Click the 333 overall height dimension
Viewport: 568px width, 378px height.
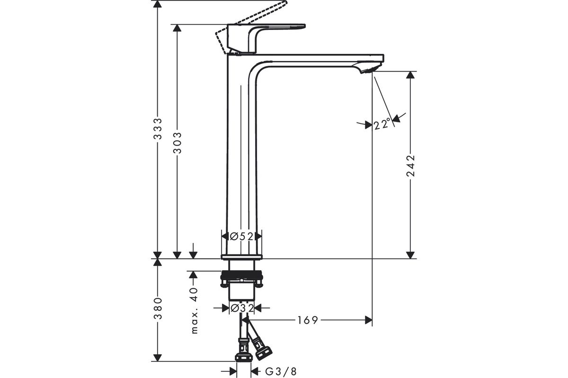pyautogui.click(x=158, y=129)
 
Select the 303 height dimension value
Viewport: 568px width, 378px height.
pyautogui.click(x=177, y=143)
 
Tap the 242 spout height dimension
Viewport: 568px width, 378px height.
pyautogui.click(x=410, y=165)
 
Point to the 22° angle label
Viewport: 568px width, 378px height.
pyautogui.click(x=382, y=124)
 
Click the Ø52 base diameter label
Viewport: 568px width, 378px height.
pyautogui.click(x=241, y=236)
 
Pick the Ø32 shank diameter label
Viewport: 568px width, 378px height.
pyautogui.click(x=242, y=308)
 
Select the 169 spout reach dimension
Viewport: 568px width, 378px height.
pyautogui.click(x=308, y=320)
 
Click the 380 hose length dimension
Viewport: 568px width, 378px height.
pyautogui.click(x=158, y=308)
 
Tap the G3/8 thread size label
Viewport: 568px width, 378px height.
pyautogui.click(x=281, y=372)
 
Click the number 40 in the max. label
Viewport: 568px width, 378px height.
pyautogui.click(x=194, y=294)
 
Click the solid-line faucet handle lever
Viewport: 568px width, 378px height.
pyautogui.click(x=266, y=37)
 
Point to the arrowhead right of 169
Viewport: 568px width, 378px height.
pyautogui.click(x=368, y=320)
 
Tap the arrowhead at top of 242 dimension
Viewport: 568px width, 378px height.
pyautogui.click(x=410, y=75)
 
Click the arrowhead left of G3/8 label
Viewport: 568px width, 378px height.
pyautogui.click(x=233, y=372)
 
